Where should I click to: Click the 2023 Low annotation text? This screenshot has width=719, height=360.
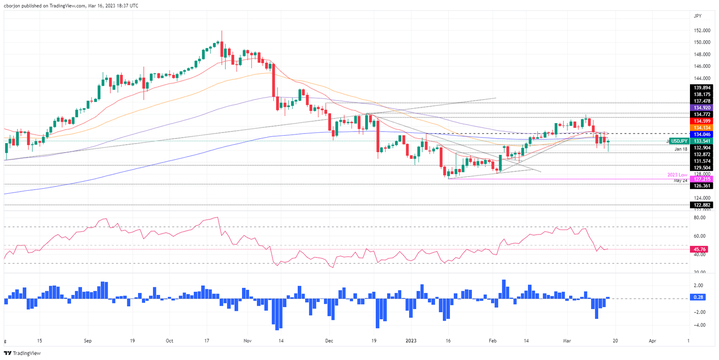(x=676, y=175)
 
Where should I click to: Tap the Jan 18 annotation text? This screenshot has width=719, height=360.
(x=681, y=149)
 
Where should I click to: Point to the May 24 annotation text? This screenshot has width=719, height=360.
(x=682, y=180)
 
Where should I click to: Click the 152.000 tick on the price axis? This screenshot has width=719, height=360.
(x=701, y=30)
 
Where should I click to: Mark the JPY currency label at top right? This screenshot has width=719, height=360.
(x=697, y=16)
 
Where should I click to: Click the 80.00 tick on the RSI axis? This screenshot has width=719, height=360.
(x=700, y=218)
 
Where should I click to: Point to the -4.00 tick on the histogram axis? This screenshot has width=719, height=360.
(x=699, y=325)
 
